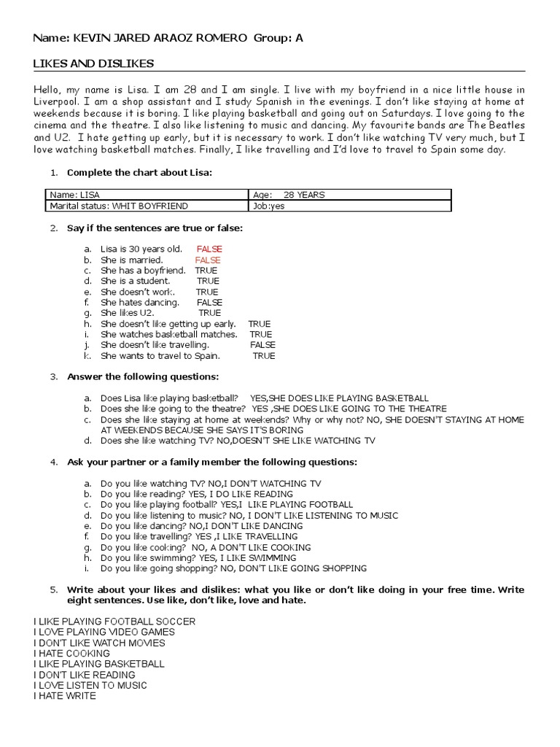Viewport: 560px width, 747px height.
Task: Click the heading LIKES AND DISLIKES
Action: pyautogui.click(x=93, y=63)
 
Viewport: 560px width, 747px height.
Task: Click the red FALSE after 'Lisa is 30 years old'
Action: pyautogui.click(x=209, y=249)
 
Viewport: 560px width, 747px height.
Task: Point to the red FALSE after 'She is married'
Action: pyautogui.click(x=207, y=260)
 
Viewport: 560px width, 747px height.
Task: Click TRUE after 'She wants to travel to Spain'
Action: pyautogui.click(x=263, y=356)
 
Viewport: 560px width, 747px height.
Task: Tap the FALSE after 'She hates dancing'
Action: pyautogui.click(x=209, y=302)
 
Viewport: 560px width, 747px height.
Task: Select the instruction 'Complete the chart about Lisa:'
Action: pyautogui.click(x=139, y=173)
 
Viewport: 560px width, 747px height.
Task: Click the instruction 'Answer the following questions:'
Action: pyautogui.click(x=142, y=376)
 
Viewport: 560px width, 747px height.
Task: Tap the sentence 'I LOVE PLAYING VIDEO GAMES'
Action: pyautogui.click(x=104, y=632)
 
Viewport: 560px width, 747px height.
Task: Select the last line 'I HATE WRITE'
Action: pyautogui.click(x=64, y=696)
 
